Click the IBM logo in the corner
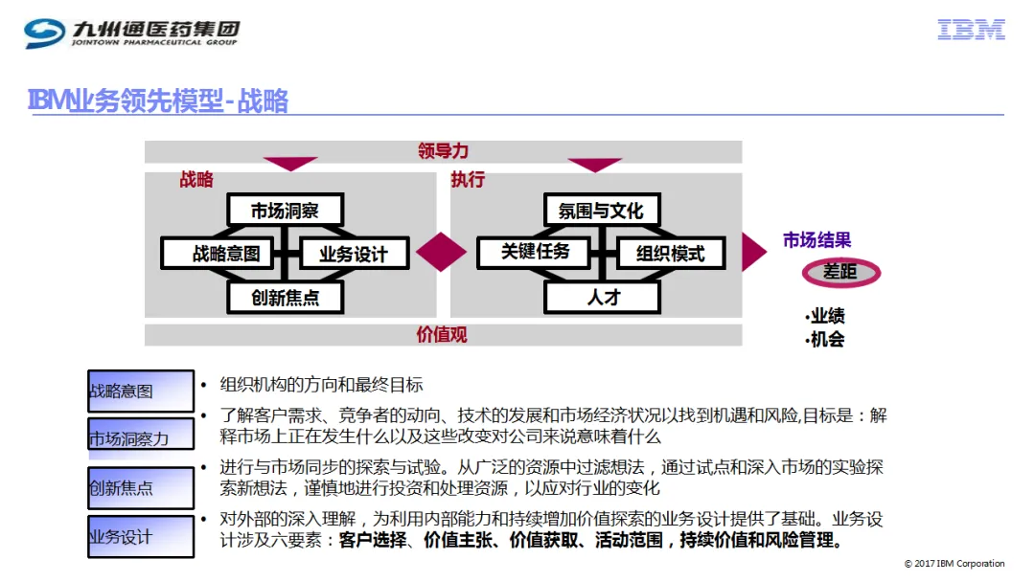[971, 30]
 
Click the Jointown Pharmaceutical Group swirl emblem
[45, 33]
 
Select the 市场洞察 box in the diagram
[286, 211]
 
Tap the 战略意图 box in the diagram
[218, 253]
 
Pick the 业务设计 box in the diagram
[354, 254]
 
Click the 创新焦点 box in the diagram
[286, 298]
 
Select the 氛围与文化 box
[601, 211]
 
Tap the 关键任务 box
[535, 252]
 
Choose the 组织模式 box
[671, 253]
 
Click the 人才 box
[603, 298]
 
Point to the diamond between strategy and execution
[442, 252]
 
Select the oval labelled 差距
[841, 272]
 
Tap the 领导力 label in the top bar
[443, 151]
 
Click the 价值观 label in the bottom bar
[442, 335]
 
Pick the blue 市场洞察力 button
[141, 435]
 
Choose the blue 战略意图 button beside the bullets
[141, 391]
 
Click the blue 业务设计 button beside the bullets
[141, 536]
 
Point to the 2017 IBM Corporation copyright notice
[954, 564]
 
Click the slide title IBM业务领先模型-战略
[158, 101]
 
